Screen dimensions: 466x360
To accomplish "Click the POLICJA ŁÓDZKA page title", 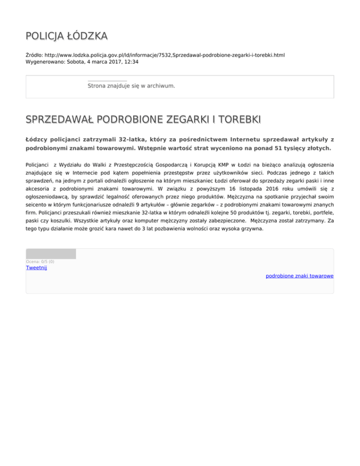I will pyautogui.click(x=67, y=36).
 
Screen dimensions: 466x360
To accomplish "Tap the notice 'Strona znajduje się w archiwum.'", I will pyautogui.click(x=131, y=86).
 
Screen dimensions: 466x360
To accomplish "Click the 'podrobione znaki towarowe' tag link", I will pyautogui.click(x=299, y=276).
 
